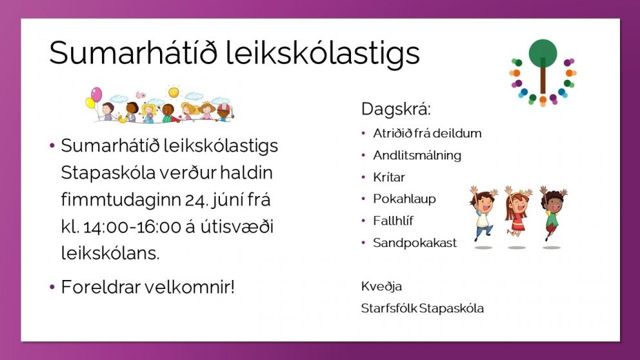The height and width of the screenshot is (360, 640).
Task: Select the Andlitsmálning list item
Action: click(417, 155)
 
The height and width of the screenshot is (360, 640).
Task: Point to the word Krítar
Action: click(389, 177)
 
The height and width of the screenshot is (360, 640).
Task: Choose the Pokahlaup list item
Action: click(404, 199)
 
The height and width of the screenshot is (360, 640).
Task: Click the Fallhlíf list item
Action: click(393, 221)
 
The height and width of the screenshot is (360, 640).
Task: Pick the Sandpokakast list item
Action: click(414, 243)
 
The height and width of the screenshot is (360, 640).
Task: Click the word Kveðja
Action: click(381, 286)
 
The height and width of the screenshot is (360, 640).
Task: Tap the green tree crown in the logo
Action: click(543, 53)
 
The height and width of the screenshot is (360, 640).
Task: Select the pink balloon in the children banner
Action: click(96, 94)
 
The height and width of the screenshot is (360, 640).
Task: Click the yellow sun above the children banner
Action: click(174, 92)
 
